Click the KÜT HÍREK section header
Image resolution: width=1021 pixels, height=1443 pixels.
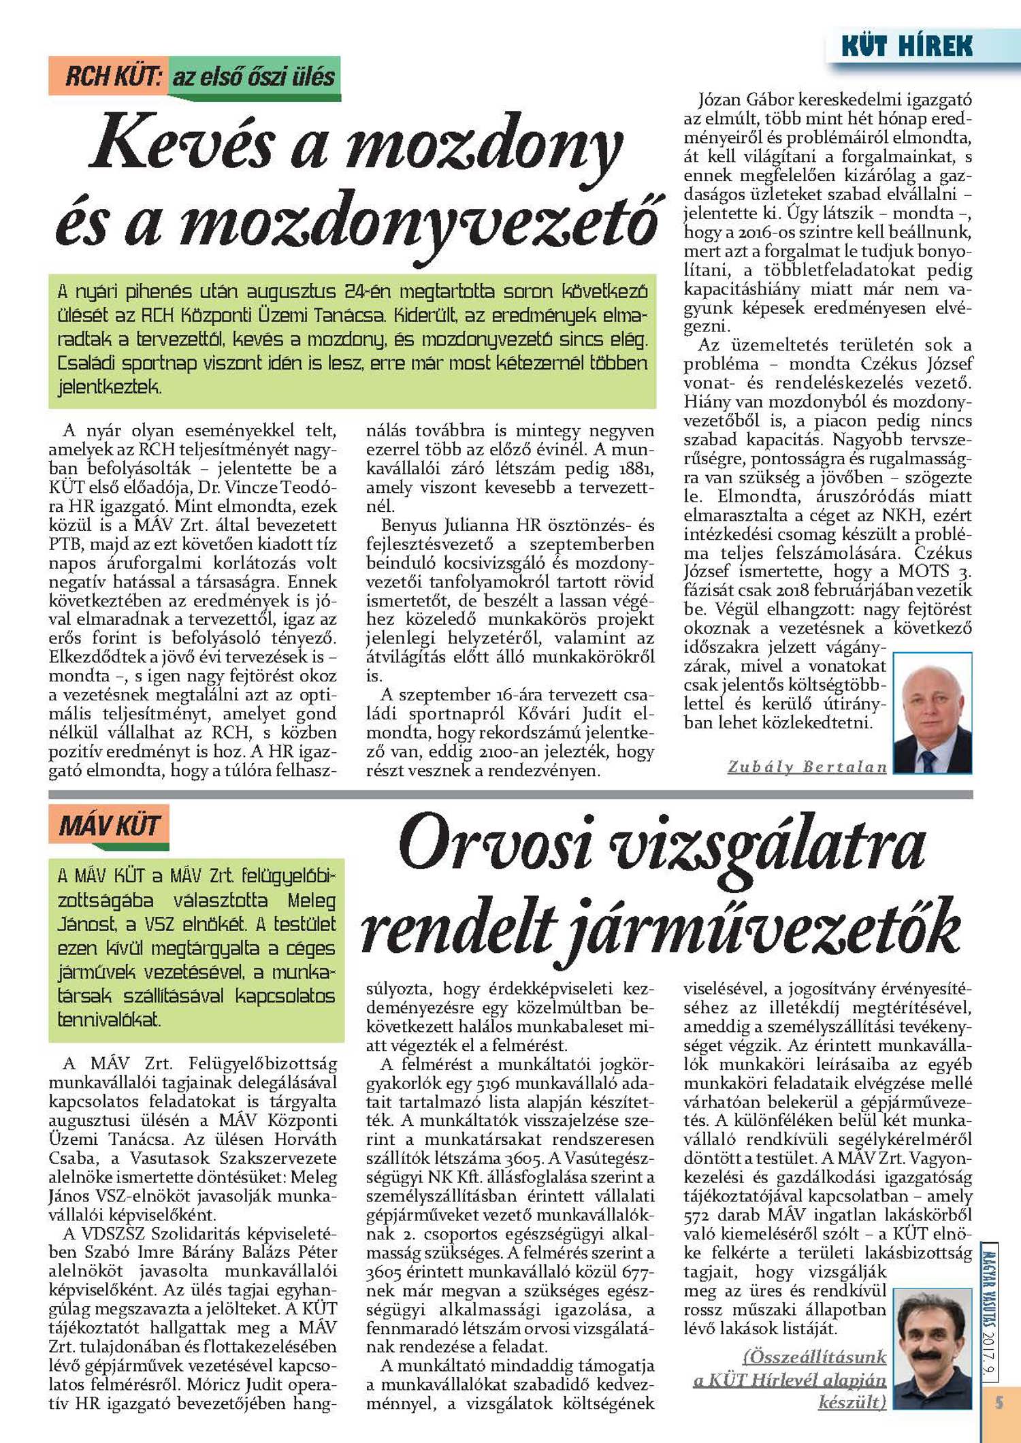click(x=906, y=46)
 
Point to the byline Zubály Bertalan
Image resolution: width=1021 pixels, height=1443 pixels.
click(x=807, y=767)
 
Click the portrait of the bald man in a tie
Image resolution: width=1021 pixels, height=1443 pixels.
click(x=933, y=713)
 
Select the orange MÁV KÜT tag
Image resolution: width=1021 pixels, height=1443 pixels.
click(x=109, y=826)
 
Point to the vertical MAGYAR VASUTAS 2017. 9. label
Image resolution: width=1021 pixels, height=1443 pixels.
click(x=989, y=1310)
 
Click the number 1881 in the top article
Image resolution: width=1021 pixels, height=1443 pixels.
click(x=636, y=469)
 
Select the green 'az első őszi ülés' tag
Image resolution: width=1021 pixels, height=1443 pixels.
click(x=253, y=76)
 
